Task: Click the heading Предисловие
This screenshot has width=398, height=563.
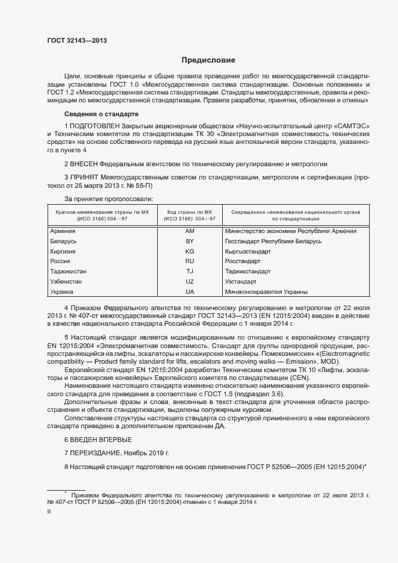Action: click(x=209, y=60)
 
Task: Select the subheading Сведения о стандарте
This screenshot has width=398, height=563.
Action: click(x=102, y=114)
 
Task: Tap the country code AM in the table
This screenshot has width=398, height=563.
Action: click(x=190, y=231)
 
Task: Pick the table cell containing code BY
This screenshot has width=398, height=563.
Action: click(x=190, y=241)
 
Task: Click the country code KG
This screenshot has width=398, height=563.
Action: click(x=190, y=251)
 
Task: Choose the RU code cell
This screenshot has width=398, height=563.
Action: click(x=190, y=261)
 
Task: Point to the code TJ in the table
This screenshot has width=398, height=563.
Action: click(x=190, y=272)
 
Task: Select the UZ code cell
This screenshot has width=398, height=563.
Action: click(x=190, y=282)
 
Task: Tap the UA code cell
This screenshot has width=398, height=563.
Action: click(x=190, y=292)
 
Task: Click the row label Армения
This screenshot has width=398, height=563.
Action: click(x=63, y=231)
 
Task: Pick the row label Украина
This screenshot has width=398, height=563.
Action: click(x=63, y=292)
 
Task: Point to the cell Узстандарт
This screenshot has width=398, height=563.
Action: click(x=240, y=282)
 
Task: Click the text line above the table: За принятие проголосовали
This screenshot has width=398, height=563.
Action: click(x=108, y=199)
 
